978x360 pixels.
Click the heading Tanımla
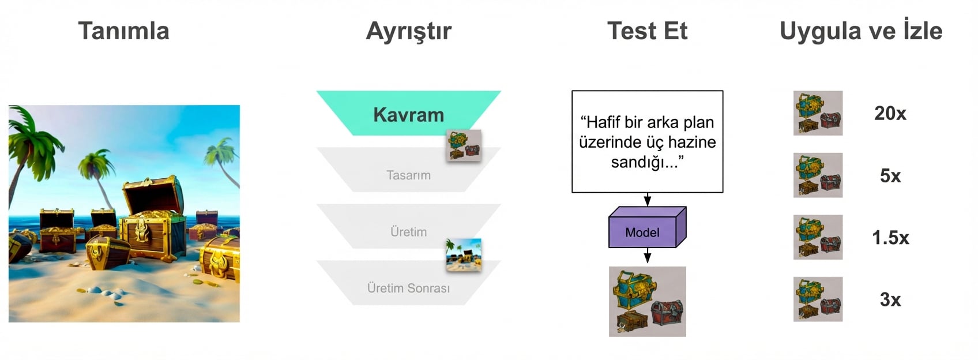123,31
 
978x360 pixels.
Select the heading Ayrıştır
408,31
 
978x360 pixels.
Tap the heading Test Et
647,31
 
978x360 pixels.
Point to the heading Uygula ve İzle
860,31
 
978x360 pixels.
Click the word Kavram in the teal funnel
408,114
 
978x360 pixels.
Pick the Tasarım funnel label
408,175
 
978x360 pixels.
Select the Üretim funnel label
408,232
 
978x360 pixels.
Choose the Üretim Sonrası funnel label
408,288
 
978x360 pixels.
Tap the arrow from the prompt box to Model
648,199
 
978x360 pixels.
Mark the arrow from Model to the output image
648,256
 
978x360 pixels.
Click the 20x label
890,113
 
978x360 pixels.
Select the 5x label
890,175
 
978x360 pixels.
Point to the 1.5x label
890,237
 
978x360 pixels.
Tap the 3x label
890,299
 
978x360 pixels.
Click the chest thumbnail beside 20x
818,113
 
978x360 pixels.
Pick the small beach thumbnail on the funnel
464,255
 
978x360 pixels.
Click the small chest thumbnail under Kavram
464,145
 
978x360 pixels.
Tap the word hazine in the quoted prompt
687,142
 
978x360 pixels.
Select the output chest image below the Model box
647,301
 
